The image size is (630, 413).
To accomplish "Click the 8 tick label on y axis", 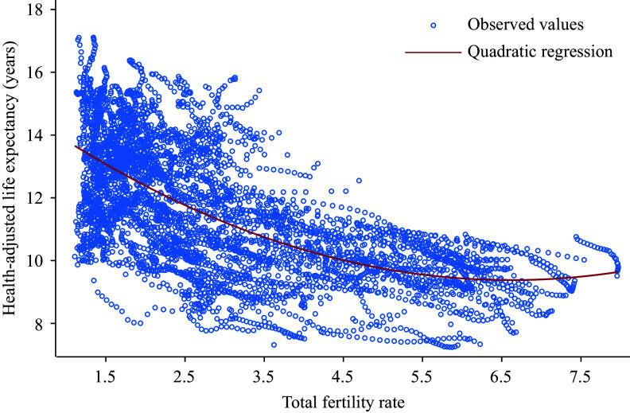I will click(40, 323).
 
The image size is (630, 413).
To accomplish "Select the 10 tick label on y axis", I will click(37, 260).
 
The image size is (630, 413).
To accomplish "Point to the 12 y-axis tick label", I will click(37, 197).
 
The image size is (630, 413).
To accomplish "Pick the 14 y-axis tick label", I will click(37, 134).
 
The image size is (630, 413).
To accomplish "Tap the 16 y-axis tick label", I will click(37, 72).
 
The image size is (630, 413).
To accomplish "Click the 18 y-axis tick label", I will click(37, 10).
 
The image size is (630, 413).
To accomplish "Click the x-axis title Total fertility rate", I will click(343, 402).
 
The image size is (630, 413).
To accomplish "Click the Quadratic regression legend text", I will click(529, 52).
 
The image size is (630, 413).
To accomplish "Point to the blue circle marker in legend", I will click(434, 25).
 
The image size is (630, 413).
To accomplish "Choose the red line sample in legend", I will click(434, 53).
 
